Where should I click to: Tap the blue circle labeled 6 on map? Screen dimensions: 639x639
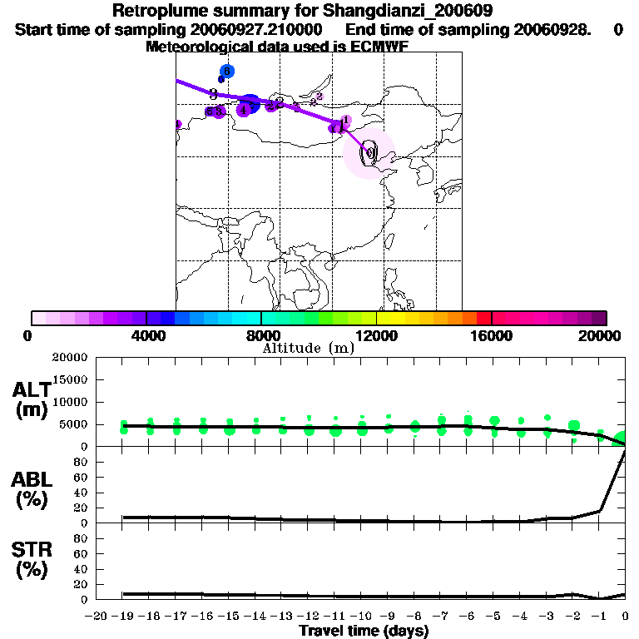(x=226, y=72)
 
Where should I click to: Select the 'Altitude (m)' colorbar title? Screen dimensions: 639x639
(x=309, y=348)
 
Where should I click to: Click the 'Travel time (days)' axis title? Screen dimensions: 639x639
(x=364, y=631)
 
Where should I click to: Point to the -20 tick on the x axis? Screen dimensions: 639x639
(x=98, y=617)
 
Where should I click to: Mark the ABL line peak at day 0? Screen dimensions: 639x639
(x=625, y=450)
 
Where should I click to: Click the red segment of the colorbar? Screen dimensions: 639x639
(x=483, y=318)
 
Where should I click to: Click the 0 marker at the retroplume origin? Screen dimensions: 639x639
(x=369, y=152)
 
